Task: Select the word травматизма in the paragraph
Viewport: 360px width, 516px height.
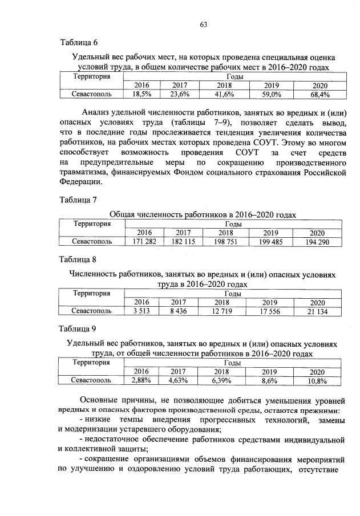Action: [x=84, y=173]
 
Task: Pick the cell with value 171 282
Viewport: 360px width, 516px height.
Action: [x=144, y=242]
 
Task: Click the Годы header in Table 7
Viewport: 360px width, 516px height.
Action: [x=232, y=224]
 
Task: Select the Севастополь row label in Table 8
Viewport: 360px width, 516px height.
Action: [x=91, y=311]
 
